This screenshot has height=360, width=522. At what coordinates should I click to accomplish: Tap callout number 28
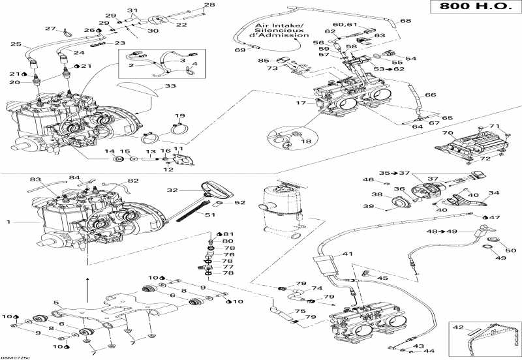[x=209, y=6]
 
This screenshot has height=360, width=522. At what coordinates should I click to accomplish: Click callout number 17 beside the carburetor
[x=301, y=103]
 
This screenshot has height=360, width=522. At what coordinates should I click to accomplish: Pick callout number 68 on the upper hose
[x=406, y=21]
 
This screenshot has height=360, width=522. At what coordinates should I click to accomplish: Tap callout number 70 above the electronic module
[x=447, y=133]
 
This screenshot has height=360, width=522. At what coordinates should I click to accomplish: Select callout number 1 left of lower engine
[x=9, y=222]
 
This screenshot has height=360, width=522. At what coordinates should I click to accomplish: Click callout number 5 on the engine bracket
[x=57, y=302]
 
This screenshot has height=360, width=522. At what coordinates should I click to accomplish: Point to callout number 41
[x=348, y=254]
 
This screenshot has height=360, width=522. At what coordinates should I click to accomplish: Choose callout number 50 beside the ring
[x=510, y=250]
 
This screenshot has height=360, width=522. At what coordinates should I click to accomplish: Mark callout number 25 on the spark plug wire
[x=15, y=44]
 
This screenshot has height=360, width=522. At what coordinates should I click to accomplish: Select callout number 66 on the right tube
[x=430, y=95]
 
